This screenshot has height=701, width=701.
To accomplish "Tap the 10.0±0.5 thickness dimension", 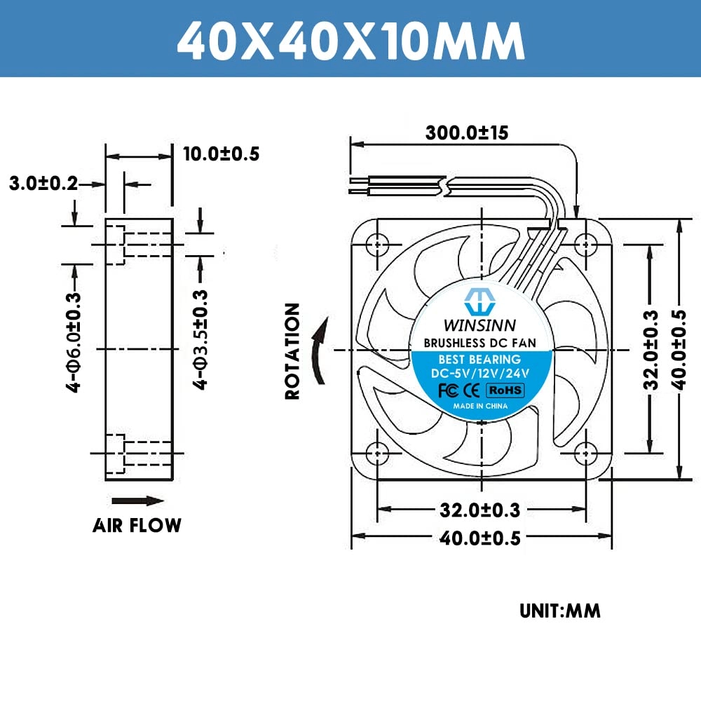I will click(221, 154).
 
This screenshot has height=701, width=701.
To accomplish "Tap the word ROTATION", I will click(292, 350).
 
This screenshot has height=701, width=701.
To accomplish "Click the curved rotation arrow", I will click(319, 350).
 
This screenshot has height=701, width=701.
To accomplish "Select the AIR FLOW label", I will click(137, 525).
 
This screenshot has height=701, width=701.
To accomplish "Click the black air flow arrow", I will click(137, 501).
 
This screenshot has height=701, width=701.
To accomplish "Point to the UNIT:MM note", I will click(560, 611).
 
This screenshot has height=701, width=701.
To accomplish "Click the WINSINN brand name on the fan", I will click(480, 325).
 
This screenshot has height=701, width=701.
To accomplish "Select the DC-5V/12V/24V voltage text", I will click(480, 374).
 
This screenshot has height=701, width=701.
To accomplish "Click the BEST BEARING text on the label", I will click(480, 360).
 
